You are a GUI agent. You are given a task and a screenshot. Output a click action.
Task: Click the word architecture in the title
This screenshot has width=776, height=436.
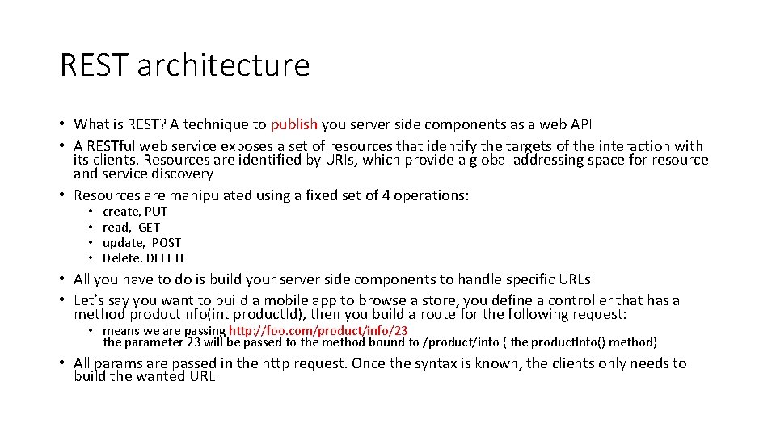click(224, 65)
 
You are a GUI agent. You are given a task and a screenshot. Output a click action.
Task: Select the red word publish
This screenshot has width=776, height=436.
click(294, 124)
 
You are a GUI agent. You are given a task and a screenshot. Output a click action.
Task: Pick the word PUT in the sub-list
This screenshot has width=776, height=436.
click(156, 212)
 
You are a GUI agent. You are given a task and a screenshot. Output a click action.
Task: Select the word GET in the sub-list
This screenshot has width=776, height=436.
click(150, 227)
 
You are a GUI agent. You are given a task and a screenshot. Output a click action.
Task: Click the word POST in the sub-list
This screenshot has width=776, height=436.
click(167, 242)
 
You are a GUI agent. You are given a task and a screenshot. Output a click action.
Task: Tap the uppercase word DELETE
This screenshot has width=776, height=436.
click(166, 258)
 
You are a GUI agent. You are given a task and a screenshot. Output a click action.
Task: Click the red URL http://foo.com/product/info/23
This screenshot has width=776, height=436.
click(318, 330)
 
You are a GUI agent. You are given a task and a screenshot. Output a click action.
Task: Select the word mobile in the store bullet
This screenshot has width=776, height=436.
click(285, 300)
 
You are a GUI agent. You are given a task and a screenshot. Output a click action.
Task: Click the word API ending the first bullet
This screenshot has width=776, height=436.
click(580, 124)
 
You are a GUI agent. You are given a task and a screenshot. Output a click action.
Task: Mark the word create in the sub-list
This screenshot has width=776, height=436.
click(121, 212)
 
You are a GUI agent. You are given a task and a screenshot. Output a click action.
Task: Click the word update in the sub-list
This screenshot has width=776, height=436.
click(123, 242)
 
